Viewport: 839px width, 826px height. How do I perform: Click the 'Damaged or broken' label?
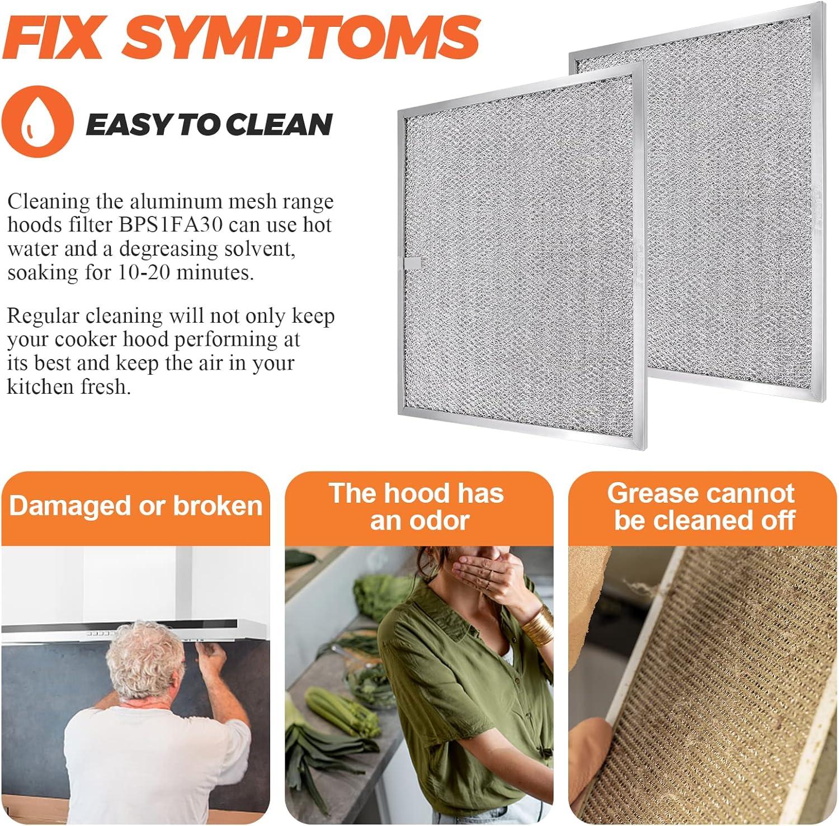136,506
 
